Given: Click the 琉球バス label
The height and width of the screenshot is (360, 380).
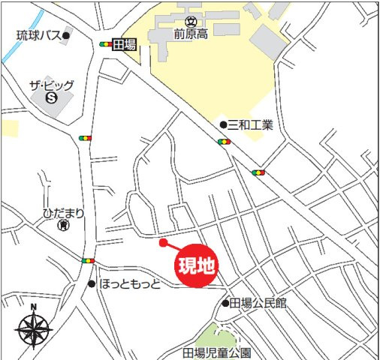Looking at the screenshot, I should pos(39,35).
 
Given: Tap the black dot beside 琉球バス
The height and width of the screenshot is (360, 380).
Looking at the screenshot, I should pos(66,35).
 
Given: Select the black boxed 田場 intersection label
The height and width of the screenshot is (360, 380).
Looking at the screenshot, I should pos(124,45).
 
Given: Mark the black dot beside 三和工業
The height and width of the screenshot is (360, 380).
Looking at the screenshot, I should pos(223,124).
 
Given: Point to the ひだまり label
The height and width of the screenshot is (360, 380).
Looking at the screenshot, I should pos(63,213).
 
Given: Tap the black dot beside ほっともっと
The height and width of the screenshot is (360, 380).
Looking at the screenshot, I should pos(92,284).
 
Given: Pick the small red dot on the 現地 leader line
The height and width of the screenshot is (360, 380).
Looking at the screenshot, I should pos(163,242).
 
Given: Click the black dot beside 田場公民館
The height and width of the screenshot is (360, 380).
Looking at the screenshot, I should pos(225,304).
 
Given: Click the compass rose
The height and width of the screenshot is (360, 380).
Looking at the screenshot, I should pos(33,328).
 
